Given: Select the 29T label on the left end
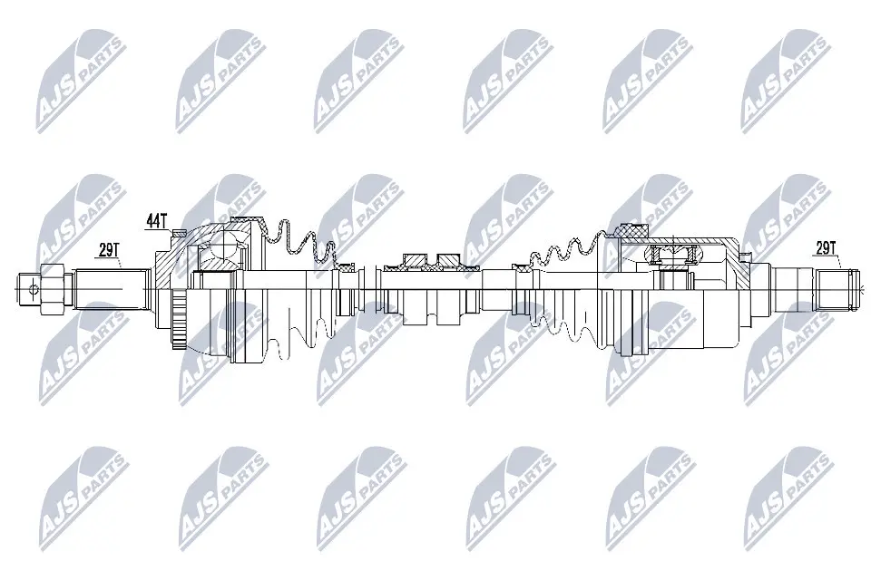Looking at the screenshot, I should (109, 250).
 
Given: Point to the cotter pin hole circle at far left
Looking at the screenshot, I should (34, 290).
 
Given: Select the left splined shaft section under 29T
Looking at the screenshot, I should (109, 288).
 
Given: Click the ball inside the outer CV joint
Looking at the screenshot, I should (218, 245).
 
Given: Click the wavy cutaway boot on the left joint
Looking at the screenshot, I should (299, 240).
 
